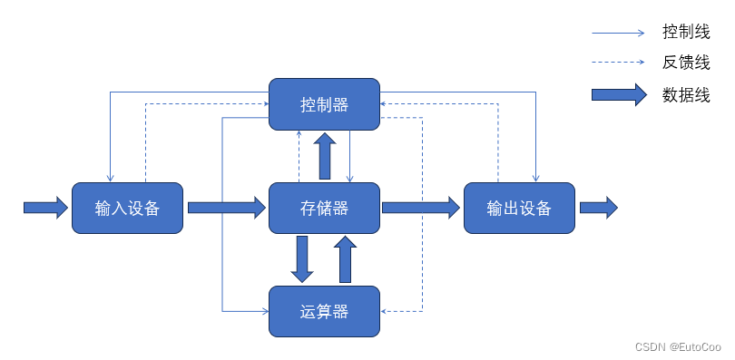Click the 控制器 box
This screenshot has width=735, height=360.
[x=324, y=103]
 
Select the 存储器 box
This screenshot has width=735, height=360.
[x=324, y=208]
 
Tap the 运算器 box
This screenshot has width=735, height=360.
[x=324, y=311]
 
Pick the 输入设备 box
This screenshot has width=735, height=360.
[x=127, y=208]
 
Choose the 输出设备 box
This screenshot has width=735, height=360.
[x=519, y=208]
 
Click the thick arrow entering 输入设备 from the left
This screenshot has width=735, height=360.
[x=45, y=208]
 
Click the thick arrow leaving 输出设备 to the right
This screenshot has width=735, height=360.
[x=598, y=208]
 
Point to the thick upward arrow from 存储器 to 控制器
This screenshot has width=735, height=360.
[x=324, y=155]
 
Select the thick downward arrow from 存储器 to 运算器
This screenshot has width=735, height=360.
[x=302, y=259]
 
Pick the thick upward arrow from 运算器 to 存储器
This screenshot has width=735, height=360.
[x=345, y=259]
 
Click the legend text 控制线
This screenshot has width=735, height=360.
[x=686, y=33]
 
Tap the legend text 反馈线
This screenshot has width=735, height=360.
[x=686, y=63]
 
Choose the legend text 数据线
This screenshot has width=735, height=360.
[x=686, y=94]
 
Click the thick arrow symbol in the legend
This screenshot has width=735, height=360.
[x=619, y=94]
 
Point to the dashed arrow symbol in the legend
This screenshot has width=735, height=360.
[x=619, y=63]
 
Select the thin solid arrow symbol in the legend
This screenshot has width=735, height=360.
[x=619, y=33]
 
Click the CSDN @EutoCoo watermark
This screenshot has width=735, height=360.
[x=678, y=346]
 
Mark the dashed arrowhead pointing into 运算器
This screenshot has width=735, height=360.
[x=385, y=311]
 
